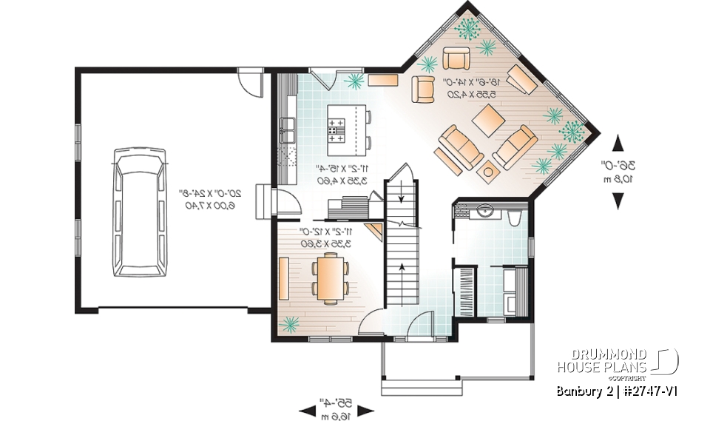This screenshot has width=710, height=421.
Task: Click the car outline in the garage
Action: pyautogui.click(x=138, y=212)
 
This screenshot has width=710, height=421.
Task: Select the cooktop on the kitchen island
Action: pyautogui.click(x=337, y=133)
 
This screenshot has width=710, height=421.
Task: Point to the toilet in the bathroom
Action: pyautogui.click(x=515, y=216)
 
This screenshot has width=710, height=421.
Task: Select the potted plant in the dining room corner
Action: pyautogui.click(x=291, y=323)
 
